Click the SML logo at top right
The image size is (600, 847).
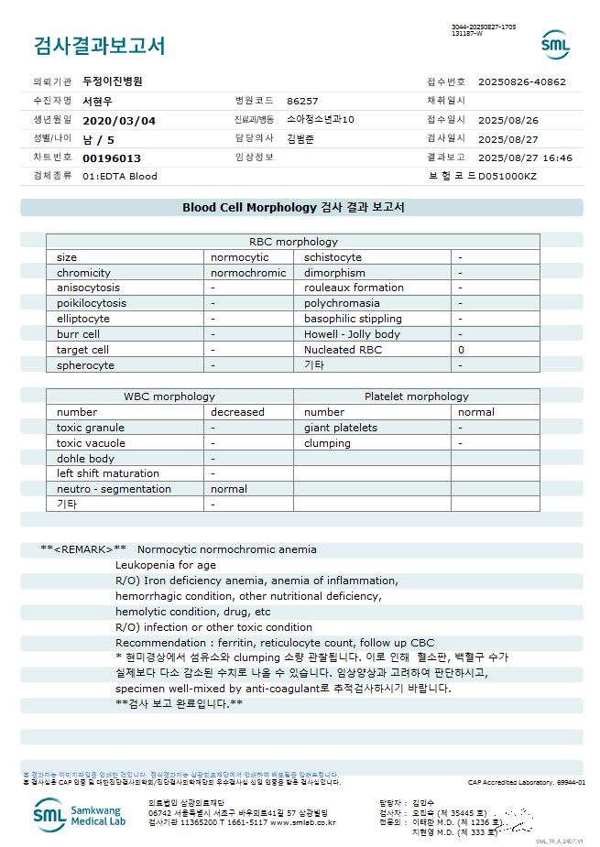554,44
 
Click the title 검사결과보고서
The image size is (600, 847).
99,45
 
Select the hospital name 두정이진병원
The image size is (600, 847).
113,81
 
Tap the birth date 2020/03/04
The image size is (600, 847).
119,120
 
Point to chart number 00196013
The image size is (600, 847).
112,157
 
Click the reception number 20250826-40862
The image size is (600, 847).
522,81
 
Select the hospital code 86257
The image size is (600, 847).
302,101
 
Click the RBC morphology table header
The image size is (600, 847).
293,242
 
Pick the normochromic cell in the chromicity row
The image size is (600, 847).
248,273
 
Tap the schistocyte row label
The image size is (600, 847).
333,257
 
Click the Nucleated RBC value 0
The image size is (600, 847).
461,350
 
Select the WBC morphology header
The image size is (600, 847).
169,396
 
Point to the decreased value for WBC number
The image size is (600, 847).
237,412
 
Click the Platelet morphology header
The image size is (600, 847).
416,396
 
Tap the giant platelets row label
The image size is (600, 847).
341,428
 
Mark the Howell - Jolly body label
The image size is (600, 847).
352,334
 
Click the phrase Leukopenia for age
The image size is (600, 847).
166,565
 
